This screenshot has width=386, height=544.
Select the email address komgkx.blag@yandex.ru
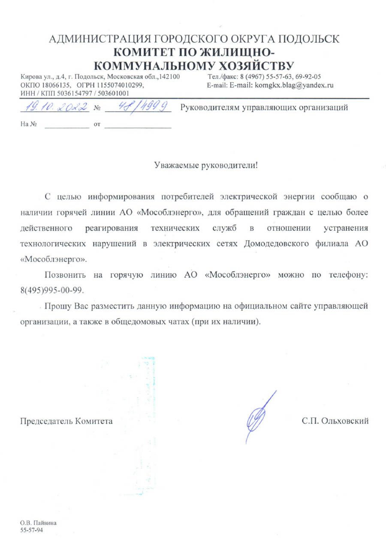tap(294, 85)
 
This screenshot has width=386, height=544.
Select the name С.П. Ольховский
tap(335, 421)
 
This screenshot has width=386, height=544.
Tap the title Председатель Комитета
tap(67, 421)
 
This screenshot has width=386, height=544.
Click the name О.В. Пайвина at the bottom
tap(39, 523)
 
